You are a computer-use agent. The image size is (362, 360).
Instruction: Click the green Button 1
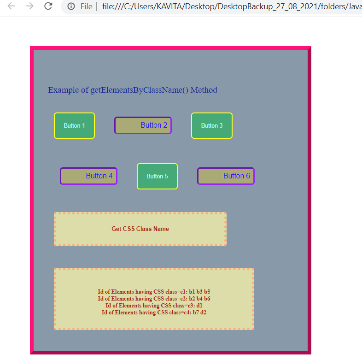pos(74,125)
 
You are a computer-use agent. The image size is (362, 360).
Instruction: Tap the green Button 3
pos(212,125)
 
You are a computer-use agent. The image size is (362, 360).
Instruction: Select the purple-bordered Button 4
pos(88,176)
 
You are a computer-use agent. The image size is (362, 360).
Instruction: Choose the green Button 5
pos(157,176)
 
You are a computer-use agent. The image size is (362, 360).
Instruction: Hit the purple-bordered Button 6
pos(226,176)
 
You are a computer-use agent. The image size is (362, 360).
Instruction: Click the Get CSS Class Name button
pos(140,229)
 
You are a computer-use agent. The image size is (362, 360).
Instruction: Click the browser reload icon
pos(48,6)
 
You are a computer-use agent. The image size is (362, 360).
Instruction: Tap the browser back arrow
pos(12,6)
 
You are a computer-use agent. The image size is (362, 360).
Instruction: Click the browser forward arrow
pos(30,6)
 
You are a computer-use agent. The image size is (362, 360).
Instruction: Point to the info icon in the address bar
pos(71,6)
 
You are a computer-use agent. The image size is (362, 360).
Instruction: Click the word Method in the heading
pos(204,90)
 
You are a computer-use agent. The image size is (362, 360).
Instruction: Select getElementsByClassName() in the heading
pos(140,90)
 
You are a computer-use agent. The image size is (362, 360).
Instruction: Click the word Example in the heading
pos(64,90)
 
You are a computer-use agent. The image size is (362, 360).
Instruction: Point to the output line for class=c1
pos(154,292)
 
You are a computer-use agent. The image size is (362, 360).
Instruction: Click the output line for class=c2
pos(154,299)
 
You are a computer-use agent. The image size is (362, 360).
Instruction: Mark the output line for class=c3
pos(154,306)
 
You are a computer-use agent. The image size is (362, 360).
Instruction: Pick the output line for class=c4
pos(154,313)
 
